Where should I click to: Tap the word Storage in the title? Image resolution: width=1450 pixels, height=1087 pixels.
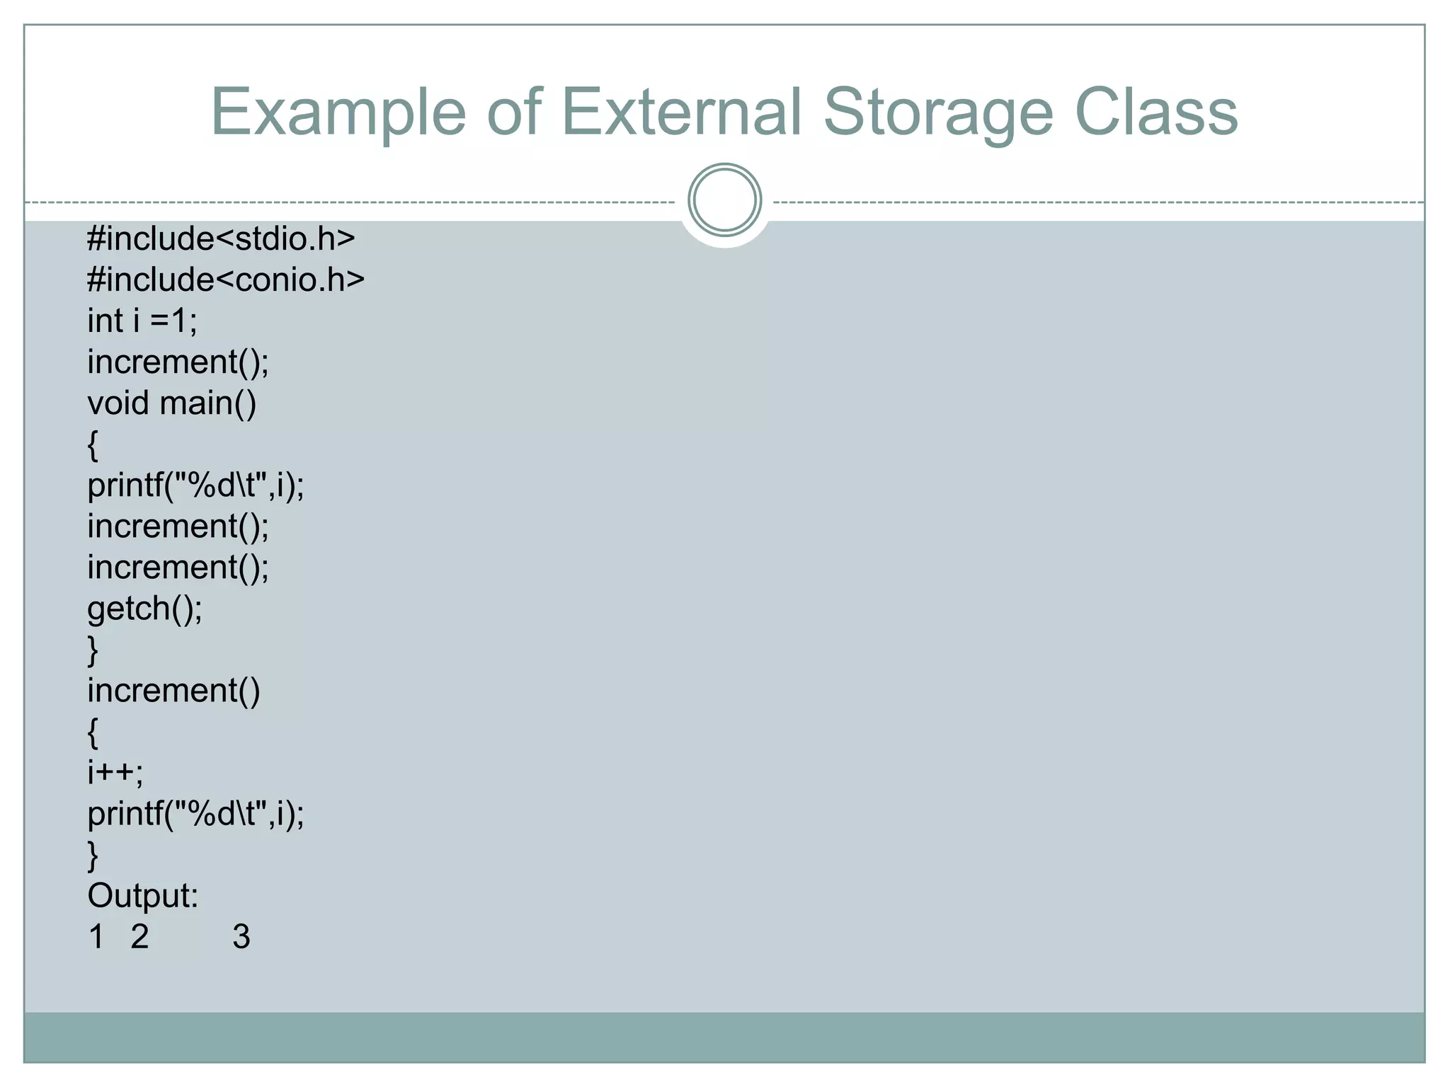point(937,113)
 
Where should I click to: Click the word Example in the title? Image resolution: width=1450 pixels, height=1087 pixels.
point(338,113)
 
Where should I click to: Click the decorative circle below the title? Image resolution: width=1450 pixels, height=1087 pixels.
point(724,200)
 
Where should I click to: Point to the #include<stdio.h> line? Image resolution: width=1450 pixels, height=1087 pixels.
point(221,239)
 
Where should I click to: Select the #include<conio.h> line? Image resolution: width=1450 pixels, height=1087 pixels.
point(226,280)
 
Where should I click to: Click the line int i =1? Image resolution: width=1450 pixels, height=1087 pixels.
point(142,321)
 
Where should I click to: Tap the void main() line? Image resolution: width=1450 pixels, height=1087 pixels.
point(172,403)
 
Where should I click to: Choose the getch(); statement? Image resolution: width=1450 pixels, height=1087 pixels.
point(145,609)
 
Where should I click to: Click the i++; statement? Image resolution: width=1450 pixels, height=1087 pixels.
point(115,772)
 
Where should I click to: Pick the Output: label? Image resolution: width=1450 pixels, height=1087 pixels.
point(143,896)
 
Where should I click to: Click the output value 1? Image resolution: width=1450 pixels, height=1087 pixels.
point(97,937)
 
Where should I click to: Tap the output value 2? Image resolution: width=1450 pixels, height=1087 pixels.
point(139,937)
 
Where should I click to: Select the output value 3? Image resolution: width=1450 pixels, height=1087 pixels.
point(241,937)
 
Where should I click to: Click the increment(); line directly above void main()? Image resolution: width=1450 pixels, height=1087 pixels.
point(178,362)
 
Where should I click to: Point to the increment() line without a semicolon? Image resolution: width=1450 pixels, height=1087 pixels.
point(174,691)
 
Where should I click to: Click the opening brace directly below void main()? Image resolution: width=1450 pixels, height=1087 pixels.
point(93,445)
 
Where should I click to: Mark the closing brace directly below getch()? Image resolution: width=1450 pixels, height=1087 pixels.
point(93,650)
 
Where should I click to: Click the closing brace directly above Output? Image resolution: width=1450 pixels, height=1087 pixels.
point(93,855)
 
